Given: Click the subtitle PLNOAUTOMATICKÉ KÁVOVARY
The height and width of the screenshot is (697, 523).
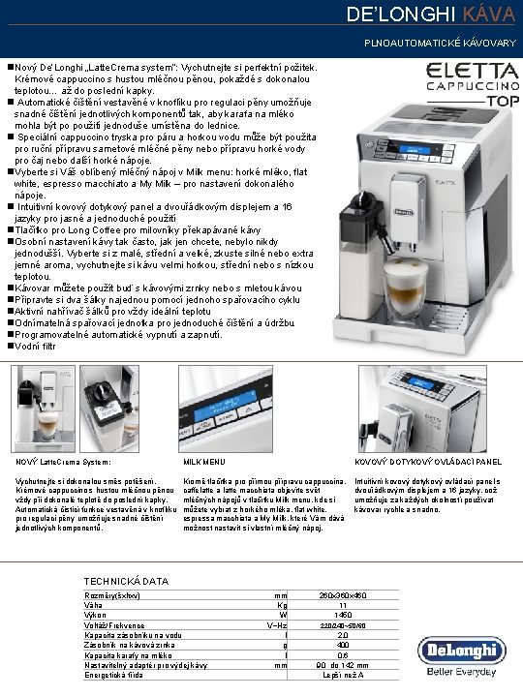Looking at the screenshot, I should pos(440,45).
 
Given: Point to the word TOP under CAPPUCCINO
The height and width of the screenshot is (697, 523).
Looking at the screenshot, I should pos(502,100).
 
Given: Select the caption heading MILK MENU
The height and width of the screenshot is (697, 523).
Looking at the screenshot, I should pos(204,462).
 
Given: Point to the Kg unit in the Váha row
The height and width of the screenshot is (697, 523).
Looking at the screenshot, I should pos(282,605).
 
